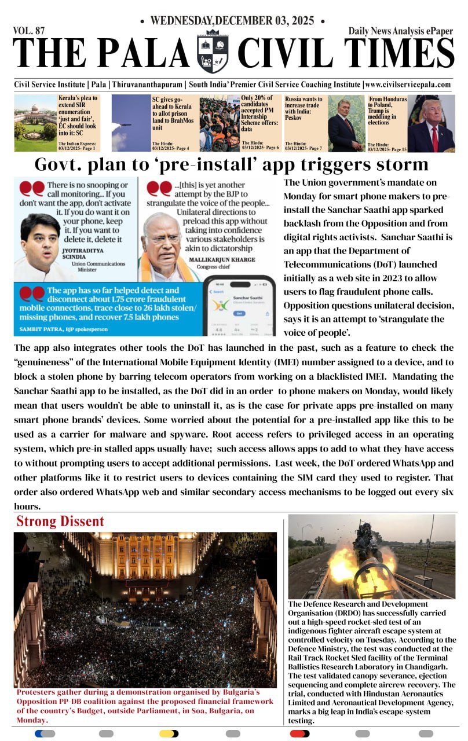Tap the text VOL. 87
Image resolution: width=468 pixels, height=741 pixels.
(28, 31)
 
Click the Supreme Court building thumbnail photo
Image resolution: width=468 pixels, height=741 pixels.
(35, 123)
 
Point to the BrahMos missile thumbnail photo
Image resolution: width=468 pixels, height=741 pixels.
(131, 123)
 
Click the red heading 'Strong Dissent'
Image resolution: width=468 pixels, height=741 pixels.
(60, 521)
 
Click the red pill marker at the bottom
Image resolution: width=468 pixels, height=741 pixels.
(299, 733)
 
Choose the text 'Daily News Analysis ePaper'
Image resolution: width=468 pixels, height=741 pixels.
(401, 31)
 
